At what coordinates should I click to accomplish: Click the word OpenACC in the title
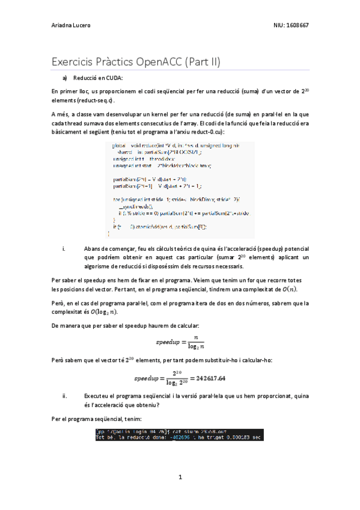point(150,61)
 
